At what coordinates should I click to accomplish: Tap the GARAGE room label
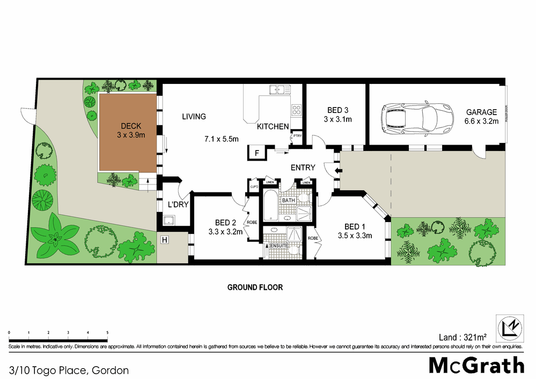pyautogui.click(x=481, y=112)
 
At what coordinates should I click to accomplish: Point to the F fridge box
pyautogui.click(x=257, y=153)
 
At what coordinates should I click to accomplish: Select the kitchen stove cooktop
pyautogui.click(x=296, y=110)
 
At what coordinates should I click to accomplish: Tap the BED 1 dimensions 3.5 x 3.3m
pyautogui.click(x=355, y=235)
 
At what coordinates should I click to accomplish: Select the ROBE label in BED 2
pyautogui.click(x=251, y=222)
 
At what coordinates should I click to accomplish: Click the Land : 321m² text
pyautogui.click(x=462, y=337)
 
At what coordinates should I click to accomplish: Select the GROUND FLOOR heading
pyautogui.click(x=255, y=288)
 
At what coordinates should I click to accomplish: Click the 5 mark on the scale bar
pyautogui.click(x=107, y=333)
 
